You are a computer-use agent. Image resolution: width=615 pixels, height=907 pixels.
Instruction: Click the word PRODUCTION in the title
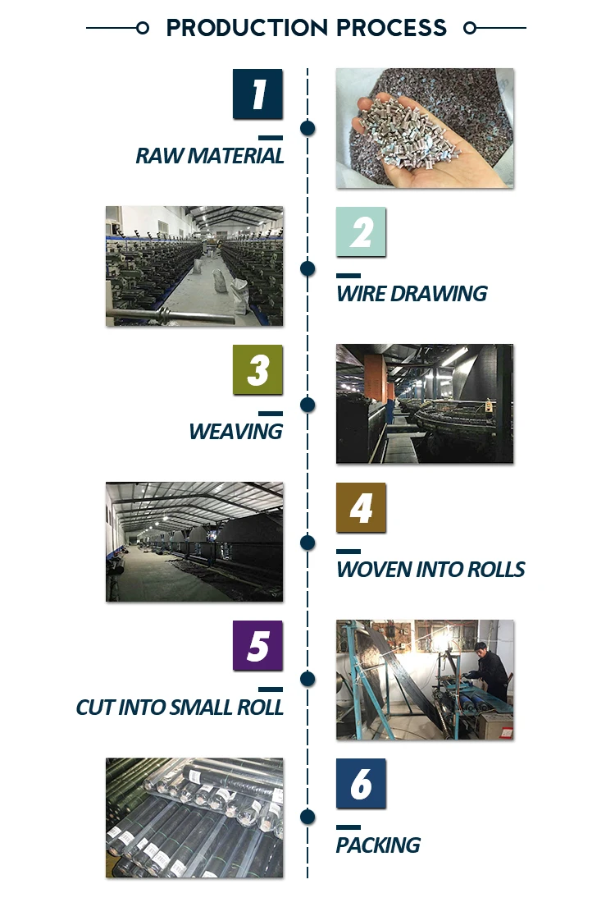[x=248, y=28]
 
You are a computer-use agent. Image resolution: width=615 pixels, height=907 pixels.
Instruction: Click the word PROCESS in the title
[x=392, y=28]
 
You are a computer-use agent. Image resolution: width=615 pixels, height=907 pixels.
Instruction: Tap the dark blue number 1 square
[x=257, y=94]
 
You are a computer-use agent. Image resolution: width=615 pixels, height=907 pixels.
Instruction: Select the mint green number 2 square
[x=362, y=232]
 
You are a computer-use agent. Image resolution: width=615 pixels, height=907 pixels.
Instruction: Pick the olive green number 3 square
[x=257, y=369]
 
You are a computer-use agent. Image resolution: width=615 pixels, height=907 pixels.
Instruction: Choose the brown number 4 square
[x=362, y=507]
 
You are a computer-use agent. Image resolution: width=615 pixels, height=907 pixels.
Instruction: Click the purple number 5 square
[x=257, y=645]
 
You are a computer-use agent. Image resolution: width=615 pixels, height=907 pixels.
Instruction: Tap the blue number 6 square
[x=362, y=783]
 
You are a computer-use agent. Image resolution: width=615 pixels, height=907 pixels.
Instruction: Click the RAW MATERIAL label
[x=210, y=156]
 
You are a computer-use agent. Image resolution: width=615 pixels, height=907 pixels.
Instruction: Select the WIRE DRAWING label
[x=412, y=294]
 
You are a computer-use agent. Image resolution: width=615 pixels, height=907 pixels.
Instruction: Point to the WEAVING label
[x=236, y=432]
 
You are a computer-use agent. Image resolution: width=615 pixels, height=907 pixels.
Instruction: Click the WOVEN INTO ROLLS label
[x=430, y=569]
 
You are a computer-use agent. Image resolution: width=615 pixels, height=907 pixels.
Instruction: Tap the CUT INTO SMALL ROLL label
[x=180, y=707]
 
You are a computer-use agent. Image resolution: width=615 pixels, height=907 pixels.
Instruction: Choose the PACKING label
[x=378, y=845]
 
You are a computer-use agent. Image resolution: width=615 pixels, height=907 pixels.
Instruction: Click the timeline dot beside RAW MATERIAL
[x=308, y=128]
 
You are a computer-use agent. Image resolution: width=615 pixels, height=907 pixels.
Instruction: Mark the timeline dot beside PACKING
[x=308, y=817]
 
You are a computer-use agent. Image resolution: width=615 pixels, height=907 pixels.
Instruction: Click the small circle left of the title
[x=143, y=28]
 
